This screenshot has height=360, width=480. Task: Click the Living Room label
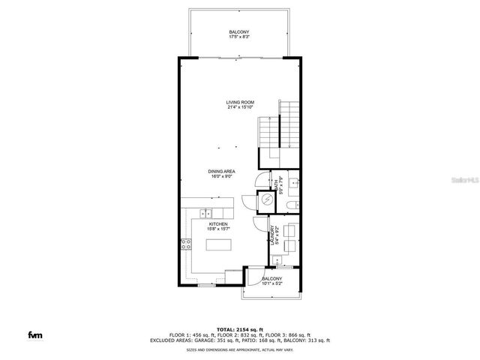click(x=241, y=104)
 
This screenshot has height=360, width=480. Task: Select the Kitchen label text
click(x=218, y=225)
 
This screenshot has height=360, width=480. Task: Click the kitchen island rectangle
click(x=220, y=245)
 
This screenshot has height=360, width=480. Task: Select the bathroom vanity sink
click(x=295, y=182)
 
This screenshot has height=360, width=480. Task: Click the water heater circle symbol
click(x=266, y=200)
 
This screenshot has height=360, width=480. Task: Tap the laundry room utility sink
click(x=278, y=261)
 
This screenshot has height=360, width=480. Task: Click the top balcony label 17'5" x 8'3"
click(x=240, y=34)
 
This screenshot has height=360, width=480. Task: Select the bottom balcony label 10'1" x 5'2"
click(x=271, y=280)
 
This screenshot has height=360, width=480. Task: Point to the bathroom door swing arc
click(x=259, y=180)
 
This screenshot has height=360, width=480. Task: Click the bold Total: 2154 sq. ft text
click(x=241, y=329)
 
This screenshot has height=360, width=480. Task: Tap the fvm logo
click(x=35, y=334)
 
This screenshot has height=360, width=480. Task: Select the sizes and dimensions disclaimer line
click(x=240, y=349)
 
